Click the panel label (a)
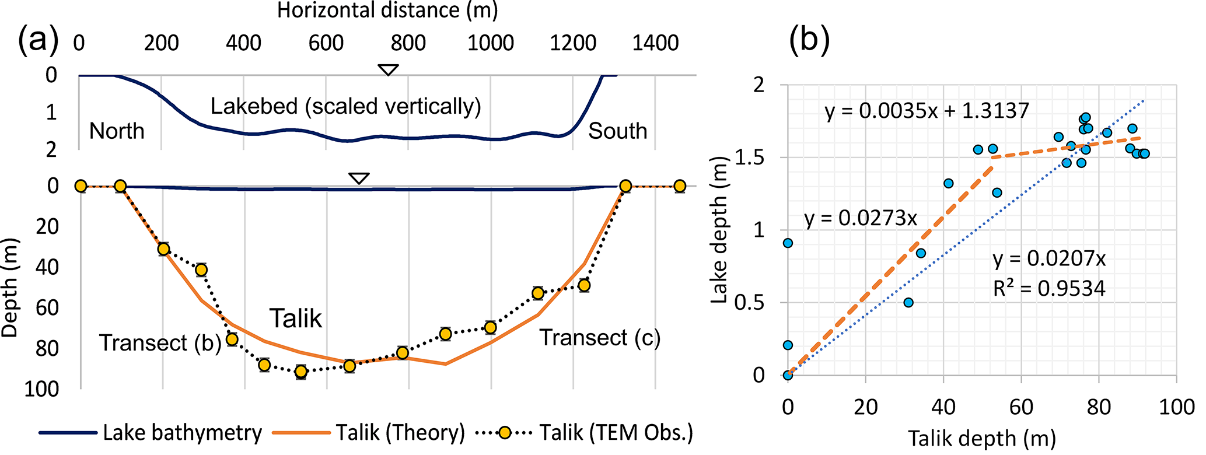(39, 42)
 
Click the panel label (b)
(809, 42)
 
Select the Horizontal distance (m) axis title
(387, 10)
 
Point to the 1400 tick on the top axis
(655, 43)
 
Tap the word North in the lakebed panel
(117, 131)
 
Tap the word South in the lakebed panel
(617, 131)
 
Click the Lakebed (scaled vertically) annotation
(345, 107)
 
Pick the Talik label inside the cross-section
(296, 318)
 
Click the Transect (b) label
(160, 343)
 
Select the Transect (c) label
(599, 338)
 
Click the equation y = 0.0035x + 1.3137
(927, 111)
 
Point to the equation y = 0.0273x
(861, 218)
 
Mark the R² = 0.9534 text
(1049, 288)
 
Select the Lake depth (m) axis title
(721, 230)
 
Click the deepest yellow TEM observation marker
(301, 372)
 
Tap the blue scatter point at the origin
(788, 374)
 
